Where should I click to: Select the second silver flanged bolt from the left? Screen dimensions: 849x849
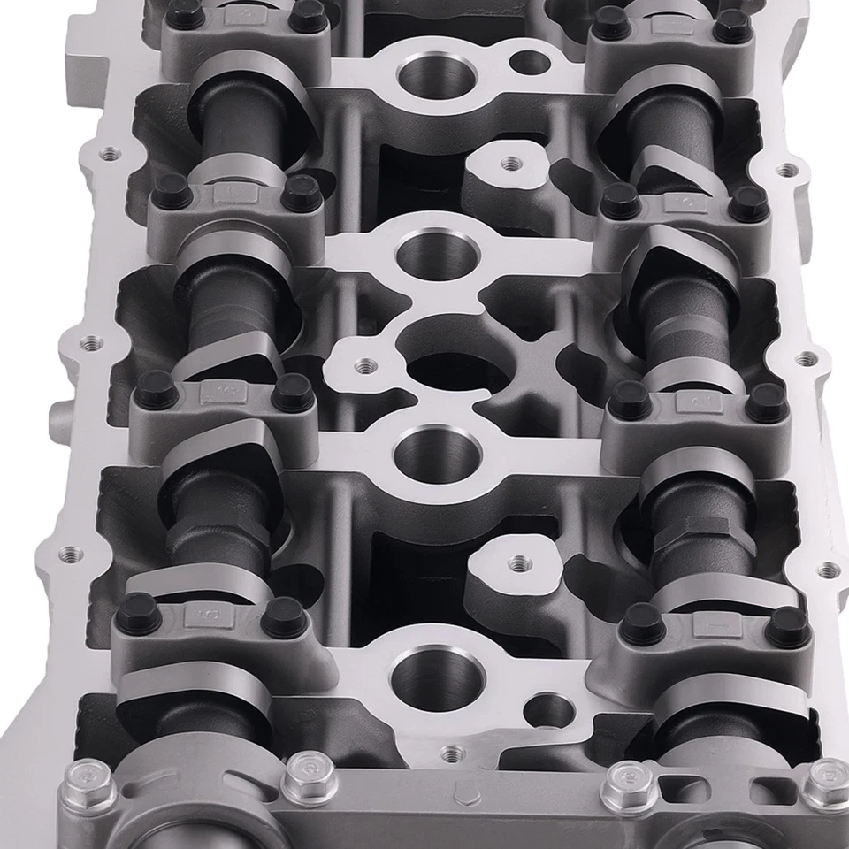308,770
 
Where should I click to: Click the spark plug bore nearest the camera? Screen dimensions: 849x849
424,677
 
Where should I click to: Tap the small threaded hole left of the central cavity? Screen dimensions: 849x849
362,364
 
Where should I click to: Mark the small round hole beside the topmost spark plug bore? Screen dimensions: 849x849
529,62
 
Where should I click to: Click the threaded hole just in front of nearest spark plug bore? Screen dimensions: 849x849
453,753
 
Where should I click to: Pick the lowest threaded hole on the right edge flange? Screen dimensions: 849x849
827,570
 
